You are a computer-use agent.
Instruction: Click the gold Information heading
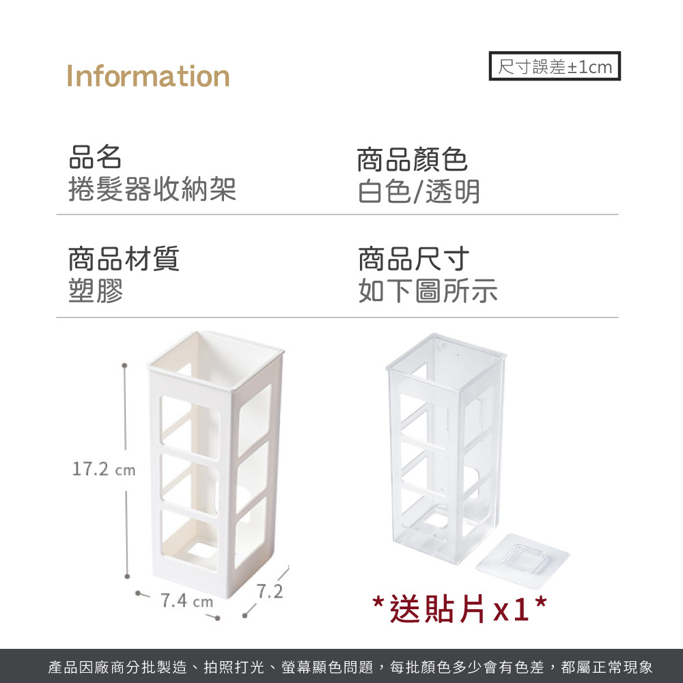148,76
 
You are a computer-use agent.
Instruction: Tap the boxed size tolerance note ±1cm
555,66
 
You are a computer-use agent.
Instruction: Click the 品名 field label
96,157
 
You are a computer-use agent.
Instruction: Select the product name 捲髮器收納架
152,189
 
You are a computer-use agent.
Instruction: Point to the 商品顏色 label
413,161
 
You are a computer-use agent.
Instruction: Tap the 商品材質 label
124,260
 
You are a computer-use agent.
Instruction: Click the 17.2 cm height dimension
104,471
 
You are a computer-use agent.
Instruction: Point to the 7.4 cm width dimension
186,602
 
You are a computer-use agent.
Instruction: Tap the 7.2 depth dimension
270,591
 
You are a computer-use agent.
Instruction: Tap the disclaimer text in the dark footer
350,667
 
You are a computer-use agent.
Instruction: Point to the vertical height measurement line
126,471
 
